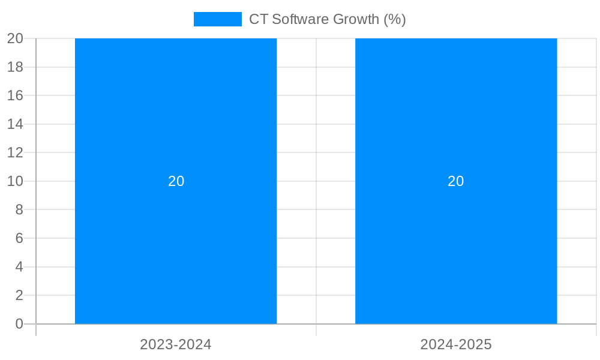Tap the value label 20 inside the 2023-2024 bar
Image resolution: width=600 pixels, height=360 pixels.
coord(176,181)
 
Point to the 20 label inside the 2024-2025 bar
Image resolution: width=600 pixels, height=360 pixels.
coord(456,181)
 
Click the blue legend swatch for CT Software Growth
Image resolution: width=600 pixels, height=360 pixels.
coord(217,19)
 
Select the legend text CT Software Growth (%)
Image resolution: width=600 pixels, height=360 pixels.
coord(327,19)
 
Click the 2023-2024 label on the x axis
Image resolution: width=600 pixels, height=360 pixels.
coord(176,344)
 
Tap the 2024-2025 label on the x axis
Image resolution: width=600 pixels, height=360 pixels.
coord(456,344)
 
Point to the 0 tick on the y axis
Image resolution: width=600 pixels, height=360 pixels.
coord(19,324)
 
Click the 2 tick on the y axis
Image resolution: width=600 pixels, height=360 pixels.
coord(19,295)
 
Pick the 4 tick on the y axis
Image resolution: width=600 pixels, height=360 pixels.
coord(19,266)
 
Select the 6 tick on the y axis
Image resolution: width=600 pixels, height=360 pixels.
coord(19,238)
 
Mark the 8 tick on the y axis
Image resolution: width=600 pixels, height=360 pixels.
coord(19,209)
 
